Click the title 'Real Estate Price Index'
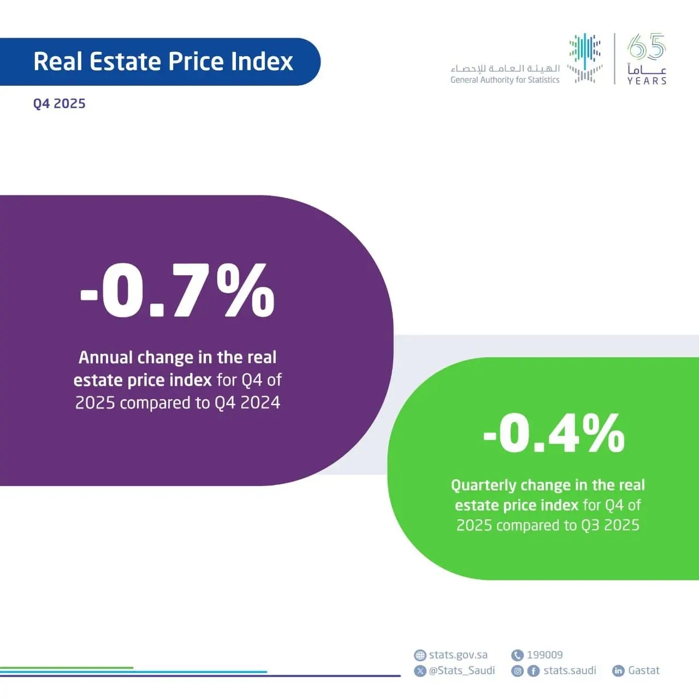click(x=163, y=62)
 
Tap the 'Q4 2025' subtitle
click(x=59, y=104)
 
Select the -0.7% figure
click(x=178, y=291)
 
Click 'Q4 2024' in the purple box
click(x=247, y=402)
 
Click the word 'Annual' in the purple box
click(x=106, y=357)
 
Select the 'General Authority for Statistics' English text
click(x=505, y=80)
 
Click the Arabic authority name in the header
click(x=505, y=68)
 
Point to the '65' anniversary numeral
click(x=647, y=47)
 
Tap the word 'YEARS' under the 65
click(x=647, y=81)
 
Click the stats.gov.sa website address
click(x=458, y=655)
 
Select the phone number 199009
click(x=544, y=655)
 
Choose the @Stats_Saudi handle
click(x=462, y=671)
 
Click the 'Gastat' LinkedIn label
click(x=644, y=671)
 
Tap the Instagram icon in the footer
click(x=518, y=671)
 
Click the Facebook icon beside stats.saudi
click(x=534, y=671)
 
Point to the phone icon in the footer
click(x=517, y=655)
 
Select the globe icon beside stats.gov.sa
click(x=420, y=655)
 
